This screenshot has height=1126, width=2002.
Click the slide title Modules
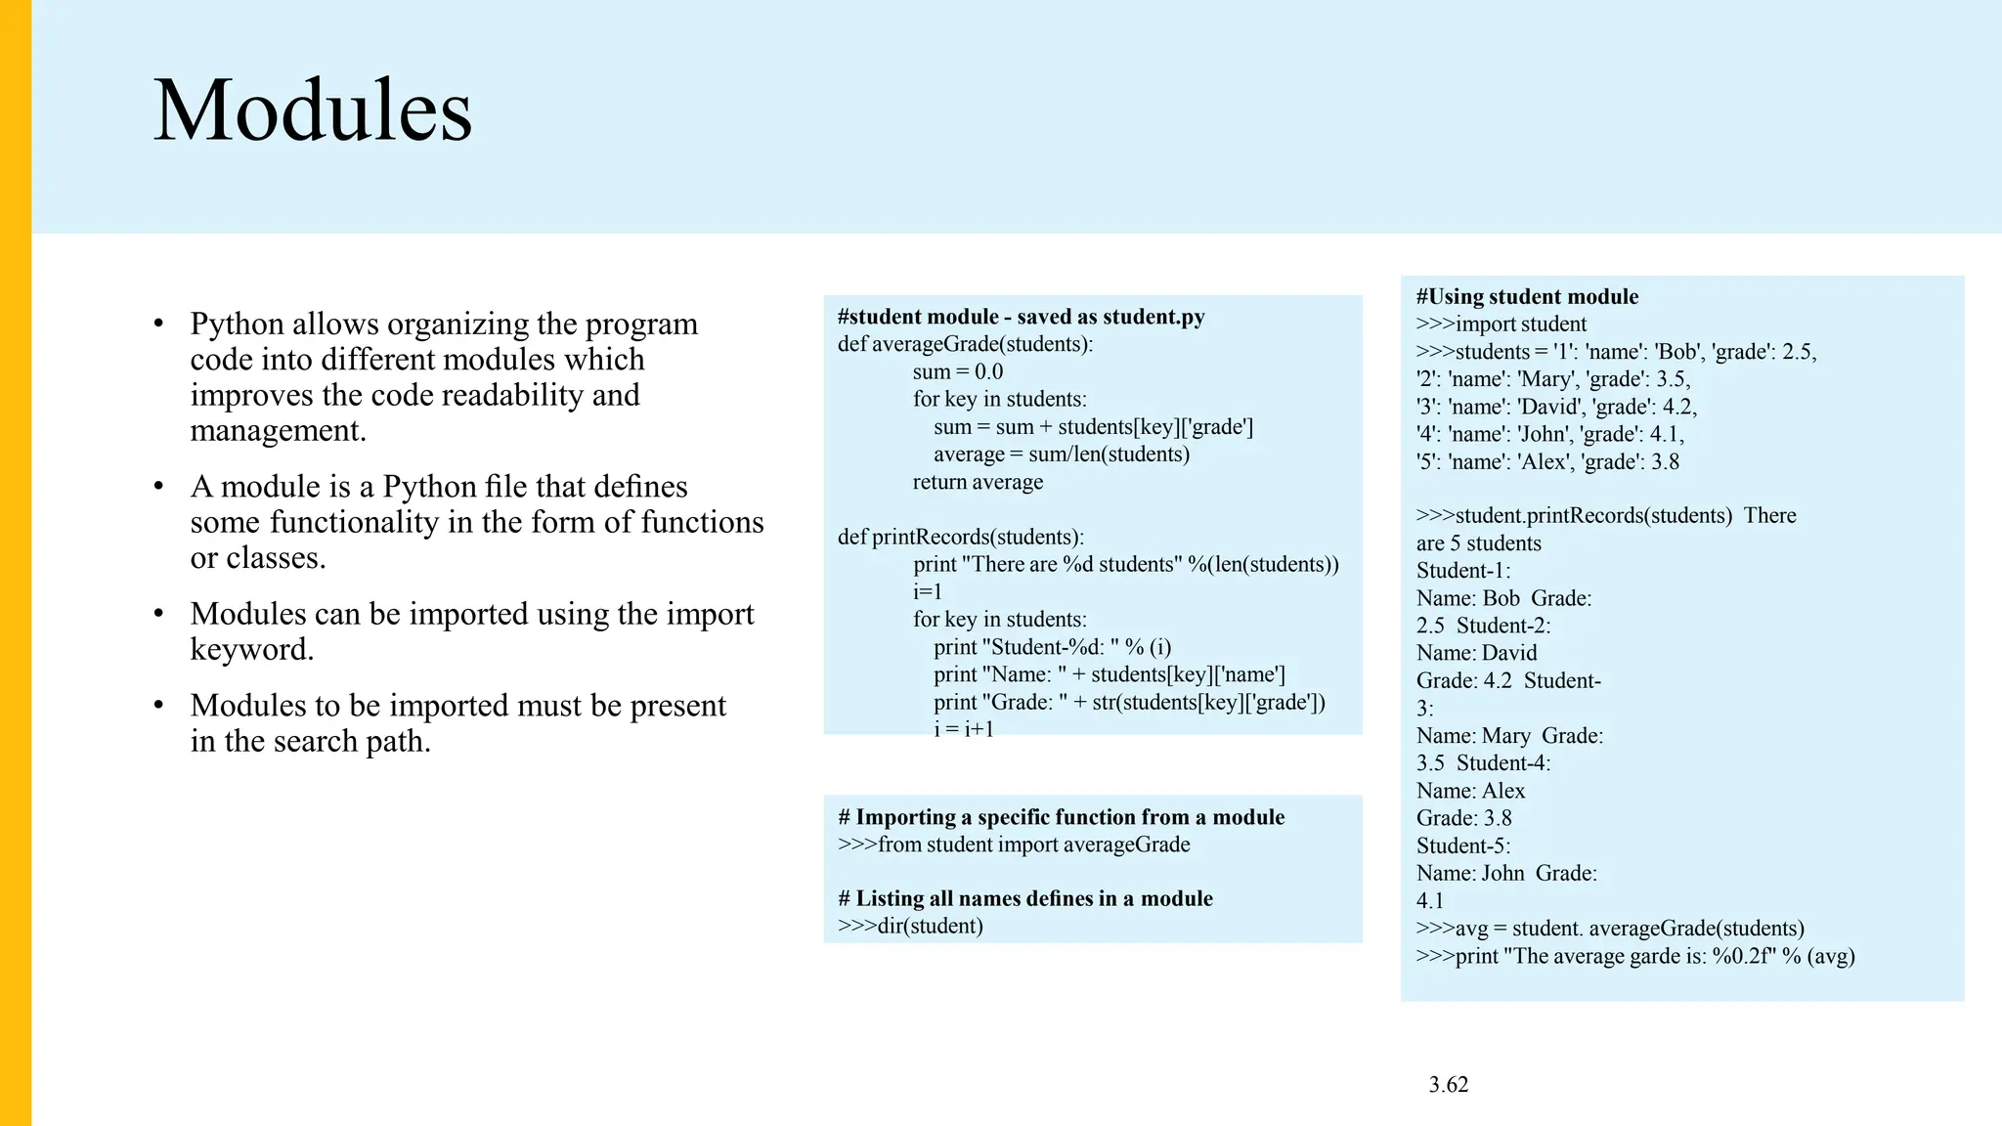313,110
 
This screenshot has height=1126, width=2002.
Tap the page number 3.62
1448,1084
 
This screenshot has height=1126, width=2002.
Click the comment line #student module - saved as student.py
1021,317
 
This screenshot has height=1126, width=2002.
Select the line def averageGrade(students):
965,344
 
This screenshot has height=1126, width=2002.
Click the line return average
978,482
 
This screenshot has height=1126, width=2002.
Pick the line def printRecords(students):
960,537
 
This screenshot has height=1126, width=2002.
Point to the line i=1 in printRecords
927,591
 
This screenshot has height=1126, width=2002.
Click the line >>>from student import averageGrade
1014,844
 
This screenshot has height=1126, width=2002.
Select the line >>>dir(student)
910,926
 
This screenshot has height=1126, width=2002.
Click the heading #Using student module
1527,296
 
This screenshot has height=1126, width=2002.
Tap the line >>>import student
1501,324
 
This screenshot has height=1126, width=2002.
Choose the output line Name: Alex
1470,791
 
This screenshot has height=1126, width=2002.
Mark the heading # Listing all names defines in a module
1024,898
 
